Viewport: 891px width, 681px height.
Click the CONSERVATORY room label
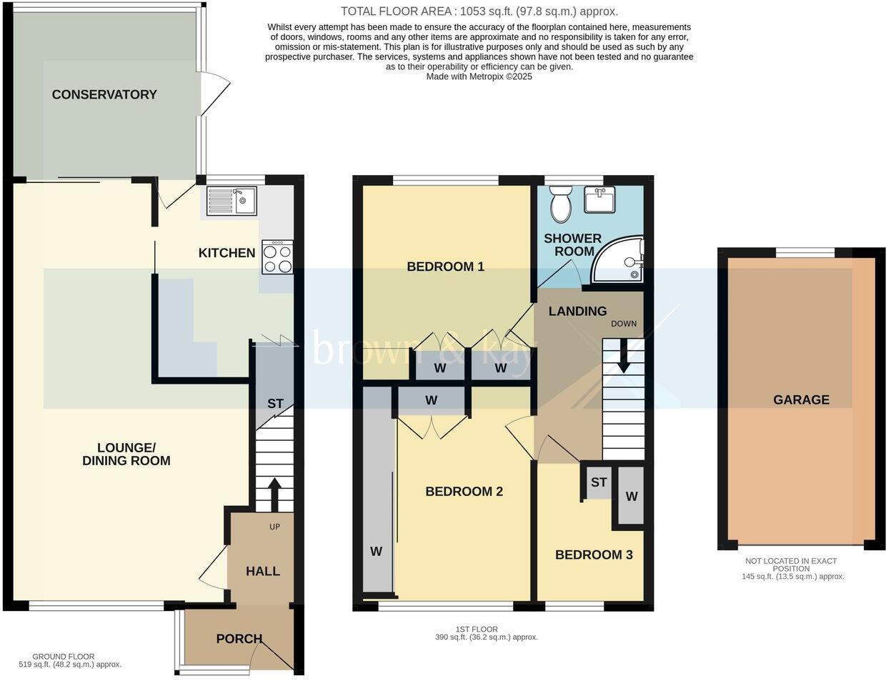click(x=104, y=94)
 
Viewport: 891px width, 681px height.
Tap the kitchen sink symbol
click(x=232, y=200)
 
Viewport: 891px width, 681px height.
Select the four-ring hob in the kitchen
click(x=277, y=257)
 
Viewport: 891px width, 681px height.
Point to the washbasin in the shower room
click(x=601, y=200)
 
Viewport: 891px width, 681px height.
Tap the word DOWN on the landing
click(x=623, y=324)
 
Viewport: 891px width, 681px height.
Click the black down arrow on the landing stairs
click(x=623, y=357)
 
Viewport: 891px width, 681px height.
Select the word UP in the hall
click(x=274, y=527)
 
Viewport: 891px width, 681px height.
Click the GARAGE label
click(x=801, y=399)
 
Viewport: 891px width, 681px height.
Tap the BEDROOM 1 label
click(x=445, y=267)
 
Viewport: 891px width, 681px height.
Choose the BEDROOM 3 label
click(x=594, y=555)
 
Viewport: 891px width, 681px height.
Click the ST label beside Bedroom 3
click(x=598, y=482)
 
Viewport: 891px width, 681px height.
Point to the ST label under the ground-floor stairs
click(x=275, y=404)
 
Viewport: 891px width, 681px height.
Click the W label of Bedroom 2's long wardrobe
click(x=376, y=551)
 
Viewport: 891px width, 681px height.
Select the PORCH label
click(x=239, y=639)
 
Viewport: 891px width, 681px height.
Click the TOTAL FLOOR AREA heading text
click(x=479, y=11)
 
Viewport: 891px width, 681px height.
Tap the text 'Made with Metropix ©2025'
click(x=479, y=76)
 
